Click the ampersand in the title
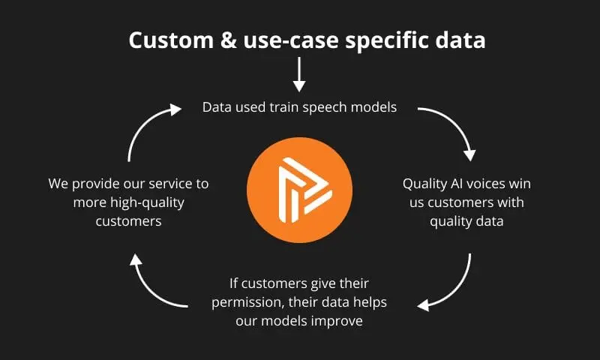tap(229, 40)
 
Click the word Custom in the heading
tap(171, 40)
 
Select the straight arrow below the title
tap(298, 74)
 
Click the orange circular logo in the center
tap(299, 190)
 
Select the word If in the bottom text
tap(233, 283)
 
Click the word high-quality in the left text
tap(147, 202)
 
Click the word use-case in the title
tap(291, 41)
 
